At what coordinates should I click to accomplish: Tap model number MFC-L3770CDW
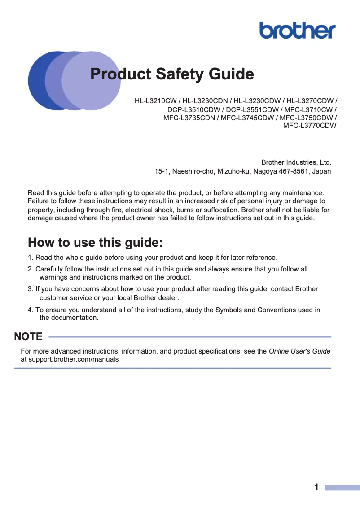pyautogui.click(x=310, y=126)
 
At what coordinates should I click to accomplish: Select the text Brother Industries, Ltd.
pyautogui.click(x=296, y=162)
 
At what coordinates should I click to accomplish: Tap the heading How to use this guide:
pyautogui.click(x=95, y=243)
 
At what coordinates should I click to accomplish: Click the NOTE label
pyautogui.click(x=28, y=336)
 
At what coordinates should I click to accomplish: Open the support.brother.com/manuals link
pyautogui.click(x=74, y=360)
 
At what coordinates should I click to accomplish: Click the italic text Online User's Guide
pyautogui.click(x=299, y=351)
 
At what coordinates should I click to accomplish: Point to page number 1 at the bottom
pyautogui.click(x=316, y=487)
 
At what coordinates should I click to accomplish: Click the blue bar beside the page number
pyautogui.click(x=342, y=487)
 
